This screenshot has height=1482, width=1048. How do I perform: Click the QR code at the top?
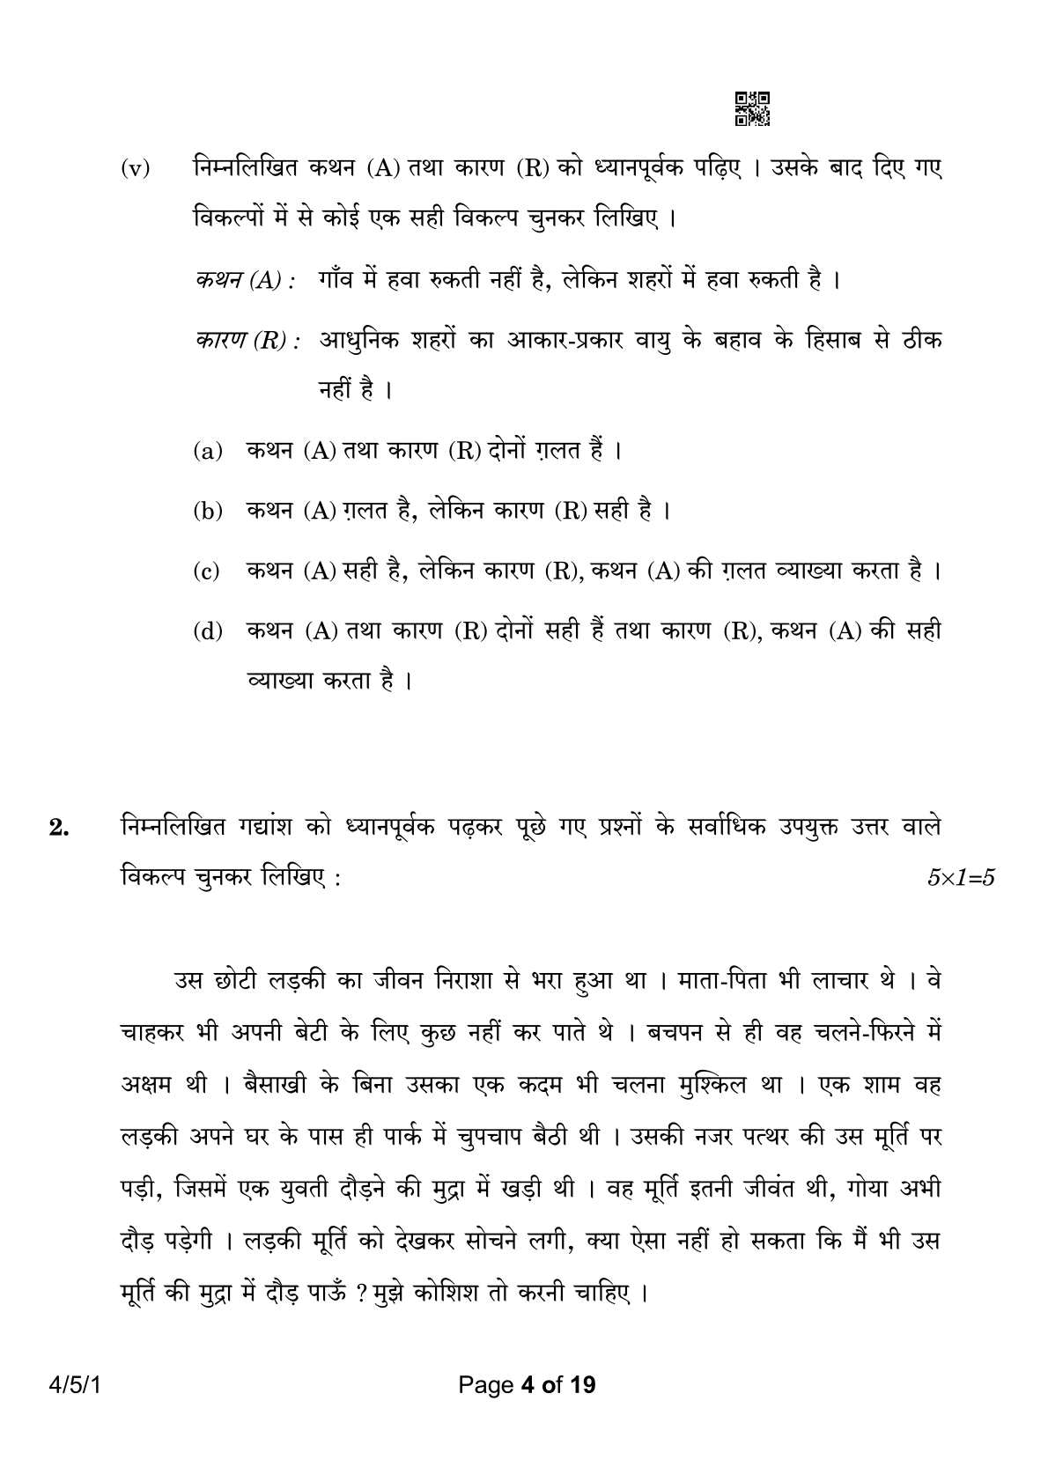tap(751, 108)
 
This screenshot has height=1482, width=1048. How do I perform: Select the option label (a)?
tap(208, 452)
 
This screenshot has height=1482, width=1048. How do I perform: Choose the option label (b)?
tap(208, 512)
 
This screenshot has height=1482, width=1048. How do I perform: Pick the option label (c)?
tap(208, 572)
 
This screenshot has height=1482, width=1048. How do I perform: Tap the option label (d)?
tap(208, 632)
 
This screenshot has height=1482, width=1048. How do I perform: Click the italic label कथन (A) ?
tap(244, 282)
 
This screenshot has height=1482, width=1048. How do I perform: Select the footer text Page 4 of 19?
tap(524, 1385)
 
